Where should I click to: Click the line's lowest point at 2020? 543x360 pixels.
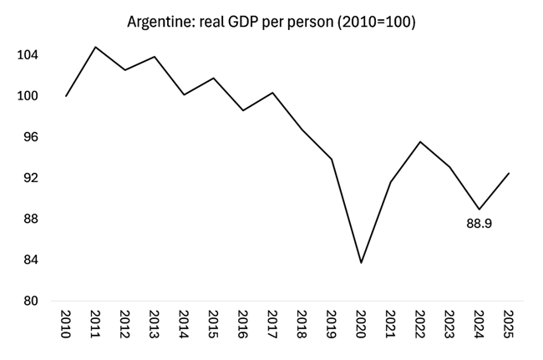361,263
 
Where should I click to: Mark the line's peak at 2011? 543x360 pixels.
95,47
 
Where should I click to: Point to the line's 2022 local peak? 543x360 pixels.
420,142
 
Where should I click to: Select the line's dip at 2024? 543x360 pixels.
479,209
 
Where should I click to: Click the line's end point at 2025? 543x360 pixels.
509,173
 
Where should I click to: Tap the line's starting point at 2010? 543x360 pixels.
66,96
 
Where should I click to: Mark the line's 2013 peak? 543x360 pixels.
155,57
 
